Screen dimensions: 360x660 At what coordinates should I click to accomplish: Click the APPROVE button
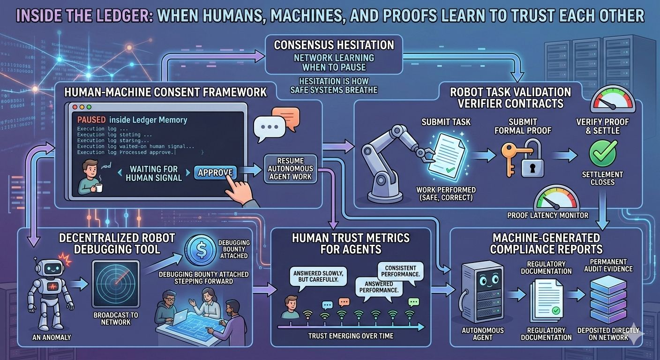point(215,172)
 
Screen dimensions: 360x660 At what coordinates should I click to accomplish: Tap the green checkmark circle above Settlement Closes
point(602,154)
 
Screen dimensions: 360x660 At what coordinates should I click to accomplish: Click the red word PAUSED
point(91,120)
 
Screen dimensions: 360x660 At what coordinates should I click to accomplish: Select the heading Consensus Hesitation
point(334,45)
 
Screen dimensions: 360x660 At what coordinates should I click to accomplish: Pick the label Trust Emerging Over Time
point(350,336)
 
